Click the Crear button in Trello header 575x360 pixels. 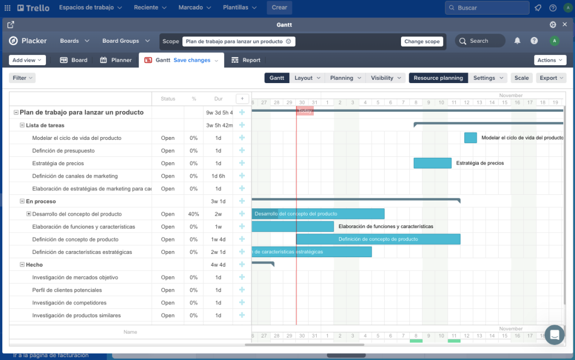pos(279,8)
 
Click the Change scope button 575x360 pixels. pos(422,42)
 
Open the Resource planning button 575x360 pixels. pos(438,78)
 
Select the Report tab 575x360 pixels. pos(246,60)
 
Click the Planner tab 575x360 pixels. pos(116,60)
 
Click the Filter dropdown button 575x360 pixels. pos(22,78)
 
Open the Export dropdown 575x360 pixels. pos(551,78)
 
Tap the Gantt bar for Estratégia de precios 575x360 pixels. pos(432,163)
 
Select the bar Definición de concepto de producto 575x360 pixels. pos(378,239)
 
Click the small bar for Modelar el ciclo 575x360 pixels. pos(471,138)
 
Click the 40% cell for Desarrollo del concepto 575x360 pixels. pos(194,214)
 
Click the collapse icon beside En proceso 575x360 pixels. pos(22,201)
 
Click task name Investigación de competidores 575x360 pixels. pos(69,303)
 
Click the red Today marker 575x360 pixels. pos(304,111)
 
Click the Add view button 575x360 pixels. pos(27,60)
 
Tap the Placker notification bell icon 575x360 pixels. pos(517,41)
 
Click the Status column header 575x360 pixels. pos(168,99)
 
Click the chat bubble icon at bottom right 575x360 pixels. pos(554,335)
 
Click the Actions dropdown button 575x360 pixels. pos(550,60)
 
